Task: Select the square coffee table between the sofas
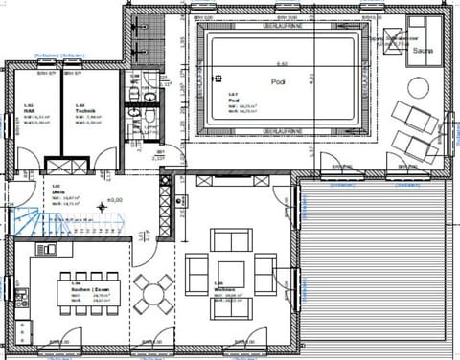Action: pyautogui.click(x=229, y=269)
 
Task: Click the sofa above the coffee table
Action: pyautogui.click(x=229, y=240)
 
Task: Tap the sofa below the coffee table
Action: pyautogui.click(x=229, y=300)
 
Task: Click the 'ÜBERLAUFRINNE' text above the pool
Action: pyautogui.click(x=281, y=26)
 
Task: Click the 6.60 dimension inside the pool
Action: pyautogui.click(x=281, y=62)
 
